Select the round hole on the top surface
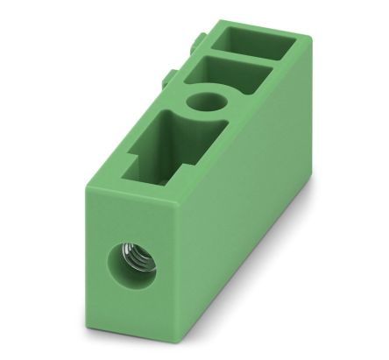click(208, 103)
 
